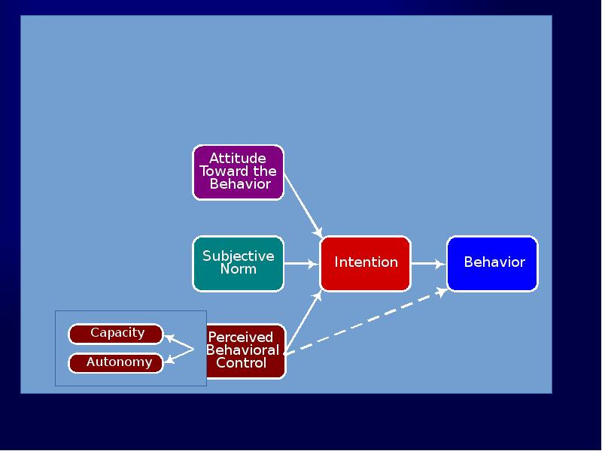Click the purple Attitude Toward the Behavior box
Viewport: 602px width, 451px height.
tap(238, 172)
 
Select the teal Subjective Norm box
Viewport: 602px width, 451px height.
tap(238, 263)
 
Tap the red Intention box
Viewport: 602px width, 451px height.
tap(366, 263)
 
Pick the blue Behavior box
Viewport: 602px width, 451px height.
tap(493, 263)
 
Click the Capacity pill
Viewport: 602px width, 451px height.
tap(116, 334)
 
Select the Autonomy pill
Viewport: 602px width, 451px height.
tap(116, 362)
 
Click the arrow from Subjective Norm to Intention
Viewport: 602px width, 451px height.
tap(301, 264)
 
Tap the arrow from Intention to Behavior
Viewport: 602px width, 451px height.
tap(428, 264)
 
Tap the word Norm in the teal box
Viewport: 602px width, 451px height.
tap(238, 269)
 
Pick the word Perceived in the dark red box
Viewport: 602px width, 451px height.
tap(240, 337)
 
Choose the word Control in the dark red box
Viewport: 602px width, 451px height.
tap(241, 363)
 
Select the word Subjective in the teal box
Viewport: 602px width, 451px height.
tap(238, 256)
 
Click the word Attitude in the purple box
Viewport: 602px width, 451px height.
tap(237, 159)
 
